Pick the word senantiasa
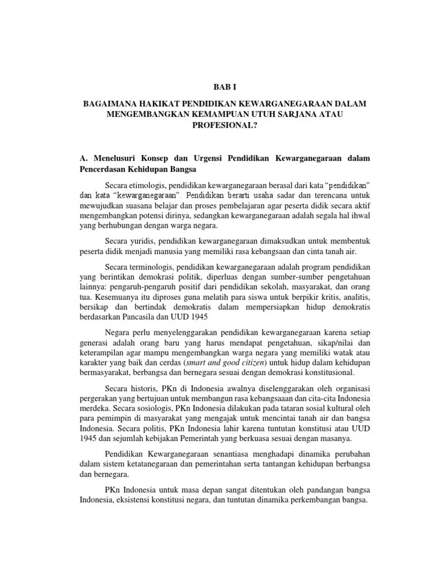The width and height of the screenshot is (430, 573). click(x=239, y=453)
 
